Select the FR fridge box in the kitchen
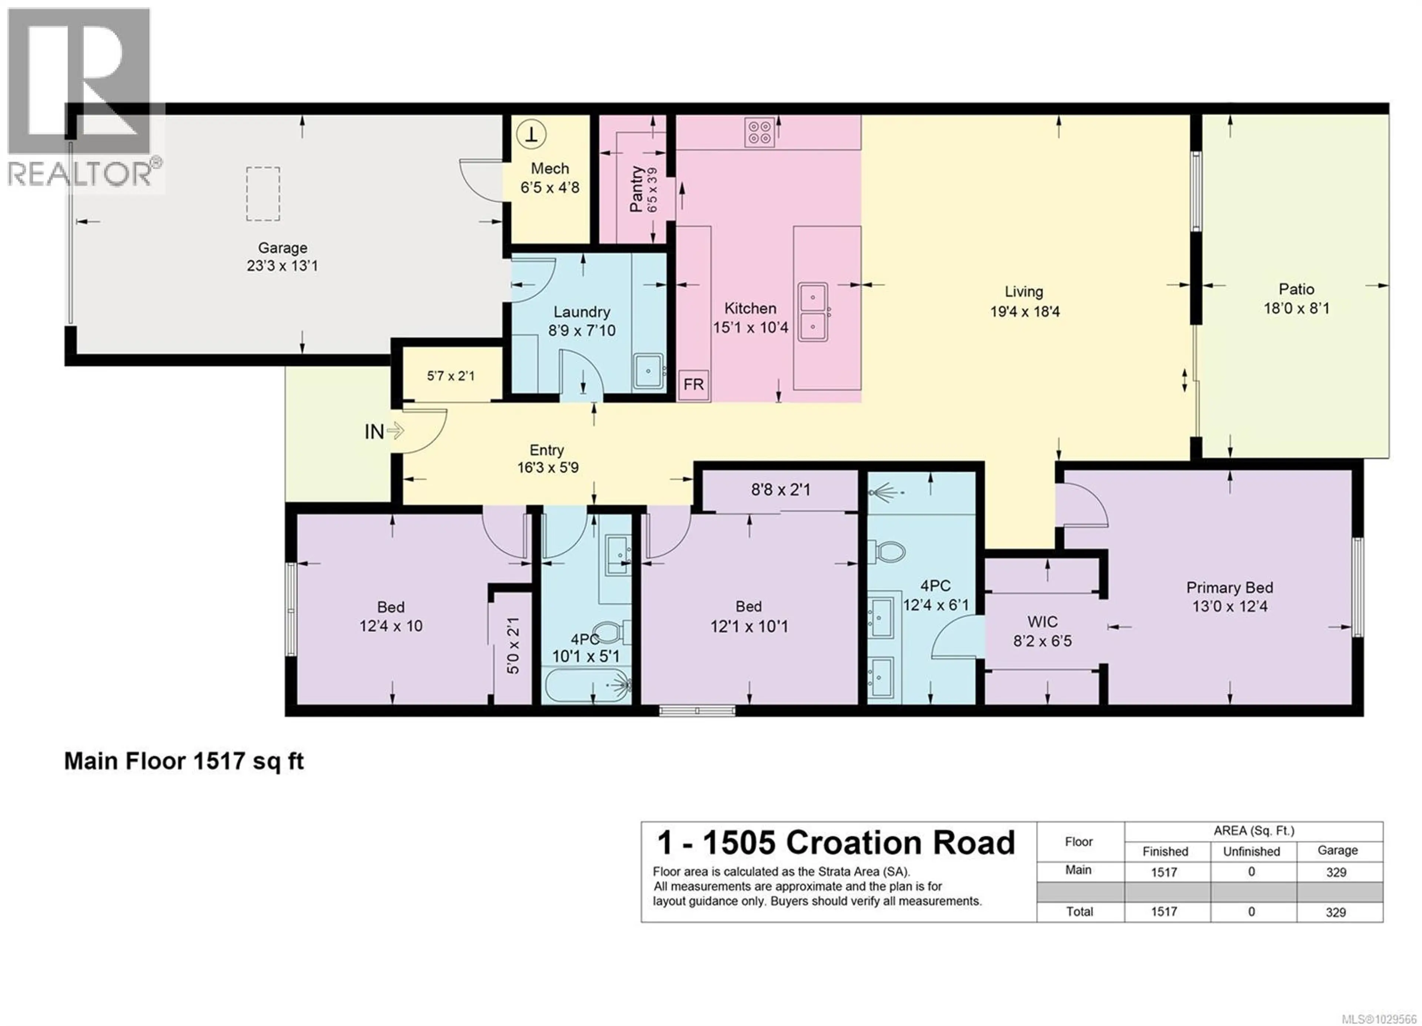point(694,384)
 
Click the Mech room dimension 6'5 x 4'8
point(550,187)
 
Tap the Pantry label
point(637,189)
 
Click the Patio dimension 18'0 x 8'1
point(1296,308)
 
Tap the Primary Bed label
point(1229,588)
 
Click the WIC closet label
point(1042,622)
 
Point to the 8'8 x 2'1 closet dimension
point(781,489)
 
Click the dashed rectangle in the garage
point(263,194)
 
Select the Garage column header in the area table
point(1337,851)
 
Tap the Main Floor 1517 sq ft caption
point(184,761)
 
